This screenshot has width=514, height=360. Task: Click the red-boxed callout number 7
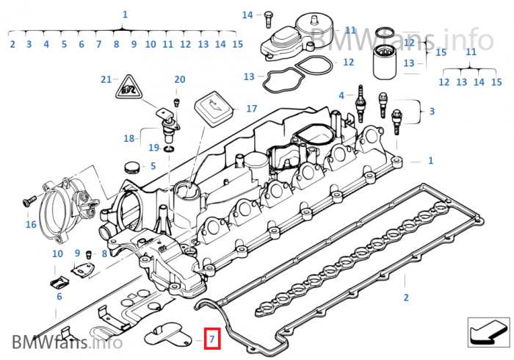(x=211, y=339)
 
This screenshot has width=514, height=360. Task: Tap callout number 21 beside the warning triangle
(x=106, y=79)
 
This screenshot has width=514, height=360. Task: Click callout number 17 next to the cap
(x=252, y=108)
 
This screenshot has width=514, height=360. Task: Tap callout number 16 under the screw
(x=31, y=224)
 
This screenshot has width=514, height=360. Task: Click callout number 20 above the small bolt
(x=180, y=79)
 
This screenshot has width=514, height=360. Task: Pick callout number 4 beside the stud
(x=341, y=96)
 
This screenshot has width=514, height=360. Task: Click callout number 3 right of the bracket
(x=432, y=111)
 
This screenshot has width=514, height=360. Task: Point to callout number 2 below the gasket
(x=405, y=298)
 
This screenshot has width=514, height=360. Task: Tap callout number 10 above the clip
(x=57, y=253)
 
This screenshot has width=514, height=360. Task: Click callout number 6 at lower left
(x=59, y=297)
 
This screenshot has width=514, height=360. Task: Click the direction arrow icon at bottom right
(x=488, y=332)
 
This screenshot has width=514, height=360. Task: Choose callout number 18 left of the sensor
(x=129, y=137)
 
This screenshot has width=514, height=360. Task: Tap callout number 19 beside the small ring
(x=153, y=148)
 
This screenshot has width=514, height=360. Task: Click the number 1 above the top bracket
(x=125, y=14)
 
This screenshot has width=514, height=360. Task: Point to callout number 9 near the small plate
(x=77, y=253)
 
